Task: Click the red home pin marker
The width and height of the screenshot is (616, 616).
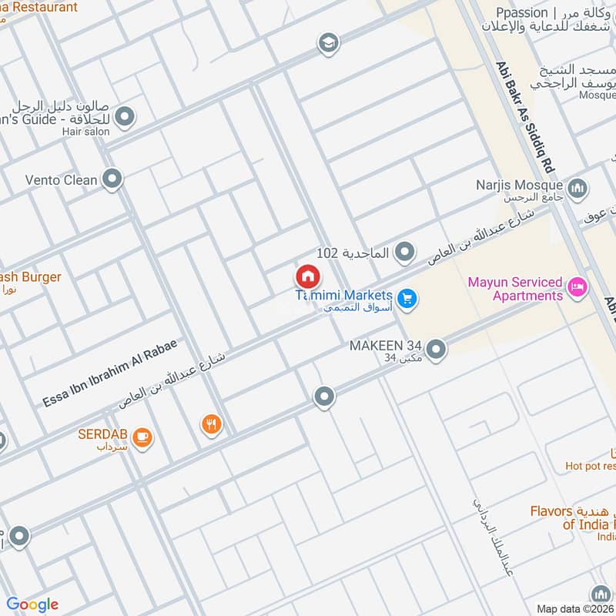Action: [307, 276]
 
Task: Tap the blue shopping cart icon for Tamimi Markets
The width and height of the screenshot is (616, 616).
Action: [408, 299]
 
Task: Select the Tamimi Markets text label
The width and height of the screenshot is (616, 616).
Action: [345, 296]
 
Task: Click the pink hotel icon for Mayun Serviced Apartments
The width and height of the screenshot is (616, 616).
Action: [576, 289]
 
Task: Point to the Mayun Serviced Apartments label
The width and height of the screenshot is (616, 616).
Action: [515, 289]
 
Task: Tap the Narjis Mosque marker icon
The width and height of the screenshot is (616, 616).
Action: [577, 187]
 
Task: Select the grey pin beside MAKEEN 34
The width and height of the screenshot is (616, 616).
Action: [436, 350]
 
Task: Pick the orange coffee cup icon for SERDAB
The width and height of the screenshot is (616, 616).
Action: [142, 437]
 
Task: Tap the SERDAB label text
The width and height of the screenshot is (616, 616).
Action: [102, 434]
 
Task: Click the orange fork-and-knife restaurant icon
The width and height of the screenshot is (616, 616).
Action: [212, 423]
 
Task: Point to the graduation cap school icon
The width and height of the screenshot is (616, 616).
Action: [329, 43]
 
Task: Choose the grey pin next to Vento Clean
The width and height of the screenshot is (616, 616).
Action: [112, 180]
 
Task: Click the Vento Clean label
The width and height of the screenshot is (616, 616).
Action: [61, 180]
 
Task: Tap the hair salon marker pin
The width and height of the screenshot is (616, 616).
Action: [125, 118]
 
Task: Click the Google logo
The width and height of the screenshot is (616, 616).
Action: [32, 604]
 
